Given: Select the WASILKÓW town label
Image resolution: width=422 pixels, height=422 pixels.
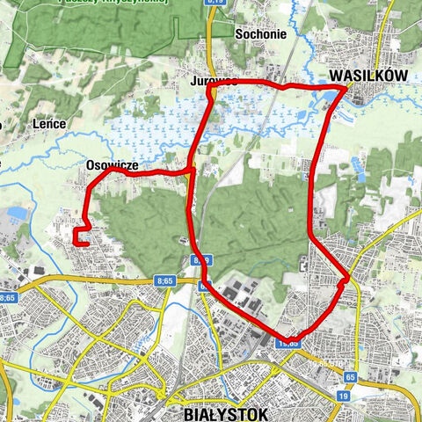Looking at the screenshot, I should point(368,76).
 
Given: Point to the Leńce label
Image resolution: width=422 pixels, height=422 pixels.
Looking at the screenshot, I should point(49,124).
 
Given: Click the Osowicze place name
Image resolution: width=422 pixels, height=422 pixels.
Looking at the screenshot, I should point(112,164).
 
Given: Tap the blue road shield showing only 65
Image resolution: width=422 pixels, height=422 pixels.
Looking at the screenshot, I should point(350,376).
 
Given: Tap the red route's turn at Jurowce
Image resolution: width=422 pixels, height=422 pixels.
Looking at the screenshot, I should point(212,84).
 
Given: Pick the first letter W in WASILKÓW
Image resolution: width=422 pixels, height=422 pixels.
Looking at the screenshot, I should point(336,76).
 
